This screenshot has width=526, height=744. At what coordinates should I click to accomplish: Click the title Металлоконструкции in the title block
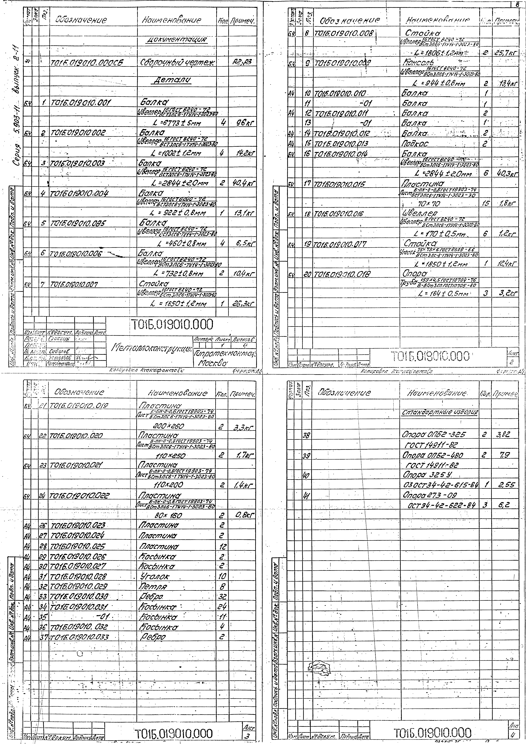(x=152, y=348)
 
